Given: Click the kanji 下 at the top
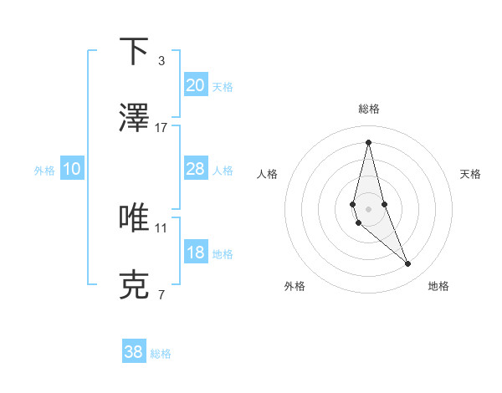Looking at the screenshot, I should tap(134, 52).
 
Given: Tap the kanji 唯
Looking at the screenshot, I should tap(134, 217).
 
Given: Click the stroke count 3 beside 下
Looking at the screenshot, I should tap(161, 61).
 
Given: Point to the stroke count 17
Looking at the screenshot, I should tap(161, 127).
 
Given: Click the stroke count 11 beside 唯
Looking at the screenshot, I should tap(161, 227).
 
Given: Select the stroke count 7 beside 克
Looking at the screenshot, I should tap(161, 295).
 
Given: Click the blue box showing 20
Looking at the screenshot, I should tap(196, 84).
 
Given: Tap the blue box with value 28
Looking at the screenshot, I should tap(196, 169).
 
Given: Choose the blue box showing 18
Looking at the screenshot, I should tap(196, 253).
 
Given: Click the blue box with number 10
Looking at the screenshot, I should tap(72, 169).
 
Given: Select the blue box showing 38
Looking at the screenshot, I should tap(134, 352).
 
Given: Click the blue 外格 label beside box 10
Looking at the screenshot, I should tap(44, 171).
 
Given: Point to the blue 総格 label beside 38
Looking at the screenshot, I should tap(161, 354).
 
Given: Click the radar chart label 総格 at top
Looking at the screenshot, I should tap(369, 109).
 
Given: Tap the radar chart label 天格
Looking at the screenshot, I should tap(471, 174).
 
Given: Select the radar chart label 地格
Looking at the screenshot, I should tap(438, 287).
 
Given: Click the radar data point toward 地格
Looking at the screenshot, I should tap(408, 264).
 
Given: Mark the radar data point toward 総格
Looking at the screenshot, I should tap(368, 141).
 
